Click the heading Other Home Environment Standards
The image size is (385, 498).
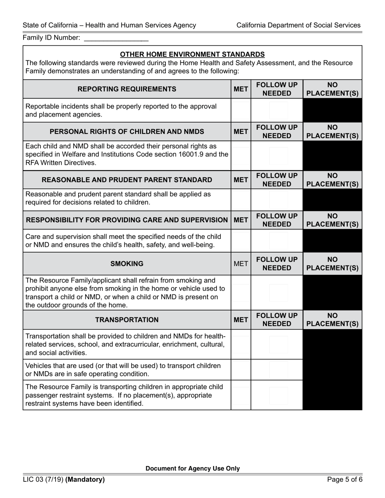coord(192,54)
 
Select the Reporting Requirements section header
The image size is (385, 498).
coord(127,89)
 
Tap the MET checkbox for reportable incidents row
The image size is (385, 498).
coord(241,110)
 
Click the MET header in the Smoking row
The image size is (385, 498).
coord(241,264)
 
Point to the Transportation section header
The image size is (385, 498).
coord(127,320)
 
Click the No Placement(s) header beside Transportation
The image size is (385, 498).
coord(332,320)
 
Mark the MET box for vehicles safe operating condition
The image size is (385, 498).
coord(241,370)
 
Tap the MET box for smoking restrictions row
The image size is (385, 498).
coord(241,293)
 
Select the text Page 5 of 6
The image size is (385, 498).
coord(344,480)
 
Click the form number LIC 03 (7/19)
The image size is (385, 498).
coord(43,480)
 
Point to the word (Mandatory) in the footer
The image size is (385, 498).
coord(85,480)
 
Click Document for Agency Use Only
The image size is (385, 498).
coord(192,468)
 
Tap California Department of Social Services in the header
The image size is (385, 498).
coord(298,25)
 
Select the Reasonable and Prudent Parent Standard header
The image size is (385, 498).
coord(127,180)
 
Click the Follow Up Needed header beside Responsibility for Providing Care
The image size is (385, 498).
coord(277,220)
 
